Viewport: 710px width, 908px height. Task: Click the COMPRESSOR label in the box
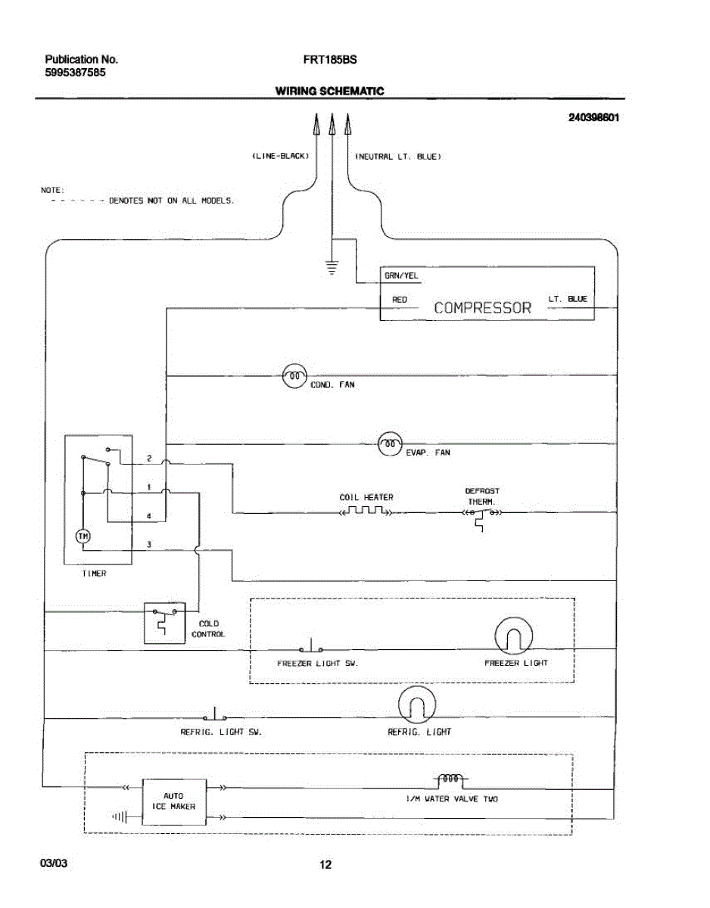pyautogui.click(x=483, y=308)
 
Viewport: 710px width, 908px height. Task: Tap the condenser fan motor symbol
pyautogui.click(x=294, y=376)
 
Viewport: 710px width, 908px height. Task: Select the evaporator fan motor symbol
pyautogui.click(x=390, y=443)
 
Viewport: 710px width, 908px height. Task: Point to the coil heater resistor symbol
pyautogui.click(x=366, y=511)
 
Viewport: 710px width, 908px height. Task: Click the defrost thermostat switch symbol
pyautogui.click(x=482, y=517)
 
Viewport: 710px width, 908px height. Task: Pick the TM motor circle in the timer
pyautogui.click(x=83, y=536)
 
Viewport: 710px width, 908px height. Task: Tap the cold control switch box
pyautogui.click(x=165, y=623)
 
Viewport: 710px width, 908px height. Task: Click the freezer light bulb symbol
pyautogui.click(x=514, y=636)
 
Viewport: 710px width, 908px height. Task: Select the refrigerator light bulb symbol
pyautogui.click(x=417, y=704)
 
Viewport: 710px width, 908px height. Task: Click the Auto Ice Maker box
pyautogui.click(x=174, y=801)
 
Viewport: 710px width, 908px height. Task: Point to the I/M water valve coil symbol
pyautogui.click(x=450, y=779)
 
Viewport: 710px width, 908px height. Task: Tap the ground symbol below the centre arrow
pyautogui.click(x=332, y=267)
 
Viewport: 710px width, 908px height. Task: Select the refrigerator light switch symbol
pyautogui.click(x=215, y=714)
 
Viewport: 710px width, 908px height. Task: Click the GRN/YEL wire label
pyautogui.click(x=401, y=275)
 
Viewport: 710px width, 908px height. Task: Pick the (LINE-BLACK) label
pyautogui.click(x=280, y=157)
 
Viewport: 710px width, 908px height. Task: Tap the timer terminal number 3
pyautogui.click(x=149, y=545)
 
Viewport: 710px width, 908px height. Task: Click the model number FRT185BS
pyautogui.click(x=330, y=60)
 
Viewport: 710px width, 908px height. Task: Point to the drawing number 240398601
pyautogui.click(x=593, y=117)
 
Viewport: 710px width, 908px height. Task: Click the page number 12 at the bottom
pyautogui.click(x=325, y=864)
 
